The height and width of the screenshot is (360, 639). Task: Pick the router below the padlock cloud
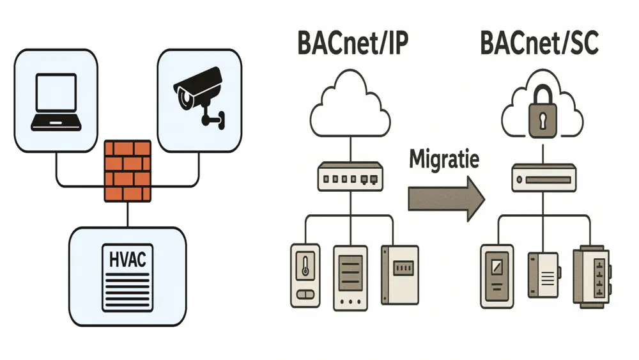543,176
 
